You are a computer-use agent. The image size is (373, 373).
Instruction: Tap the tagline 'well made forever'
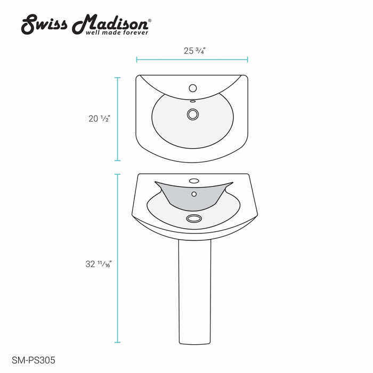coord(117,33)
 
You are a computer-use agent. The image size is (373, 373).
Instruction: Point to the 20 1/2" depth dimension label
coord(99,119)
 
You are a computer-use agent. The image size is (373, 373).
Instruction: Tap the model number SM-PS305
coord(33,361)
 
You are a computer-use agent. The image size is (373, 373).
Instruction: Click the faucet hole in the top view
coord(193,88)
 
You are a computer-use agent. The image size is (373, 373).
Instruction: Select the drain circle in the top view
coord(193,113)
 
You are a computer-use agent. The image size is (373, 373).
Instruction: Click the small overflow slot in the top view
coord(193,101)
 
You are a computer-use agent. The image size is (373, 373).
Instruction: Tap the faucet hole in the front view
coord(194,181)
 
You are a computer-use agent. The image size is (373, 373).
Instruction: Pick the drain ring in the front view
coord(193,218)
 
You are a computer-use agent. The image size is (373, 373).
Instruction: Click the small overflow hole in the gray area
coord(194,194)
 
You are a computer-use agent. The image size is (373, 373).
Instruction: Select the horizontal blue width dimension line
coord(192,59)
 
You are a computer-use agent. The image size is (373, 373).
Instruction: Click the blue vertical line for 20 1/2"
coord(118,119)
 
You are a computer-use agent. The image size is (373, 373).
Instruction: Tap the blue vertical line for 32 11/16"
coord(118,258)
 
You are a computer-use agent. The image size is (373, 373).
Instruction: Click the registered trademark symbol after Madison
coord(149,21)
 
